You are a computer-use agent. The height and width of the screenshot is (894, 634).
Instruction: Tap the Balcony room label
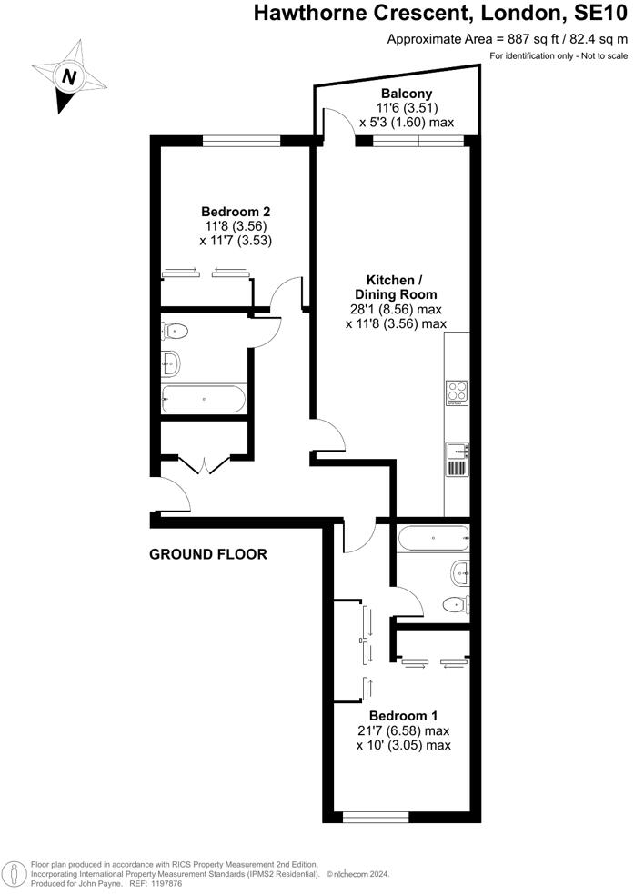tap(406, 94)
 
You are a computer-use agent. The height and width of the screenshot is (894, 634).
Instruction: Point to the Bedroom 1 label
tap(391, 715)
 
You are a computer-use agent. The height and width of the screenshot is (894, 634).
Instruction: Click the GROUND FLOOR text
tap(208, 554)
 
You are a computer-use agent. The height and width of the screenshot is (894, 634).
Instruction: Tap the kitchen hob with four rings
tap(457, 392)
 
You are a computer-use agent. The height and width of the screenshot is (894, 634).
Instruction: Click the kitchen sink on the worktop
tap(457, 449)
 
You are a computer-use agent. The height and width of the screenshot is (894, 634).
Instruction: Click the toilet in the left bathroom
tap(176, 332)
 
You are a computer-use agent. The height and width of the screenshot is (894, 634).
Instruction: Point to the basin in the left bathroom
tap(171, 364)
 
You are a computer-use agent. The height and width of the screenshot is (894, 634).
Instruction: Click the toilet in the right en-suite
tap(455, 603)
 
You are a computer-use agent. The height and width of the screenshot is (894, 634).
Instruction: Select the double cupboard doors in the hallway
tap(205, 465)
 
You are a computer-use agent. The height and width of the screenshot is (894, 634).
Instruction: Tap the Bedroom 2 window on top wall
tap(241, 140)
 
